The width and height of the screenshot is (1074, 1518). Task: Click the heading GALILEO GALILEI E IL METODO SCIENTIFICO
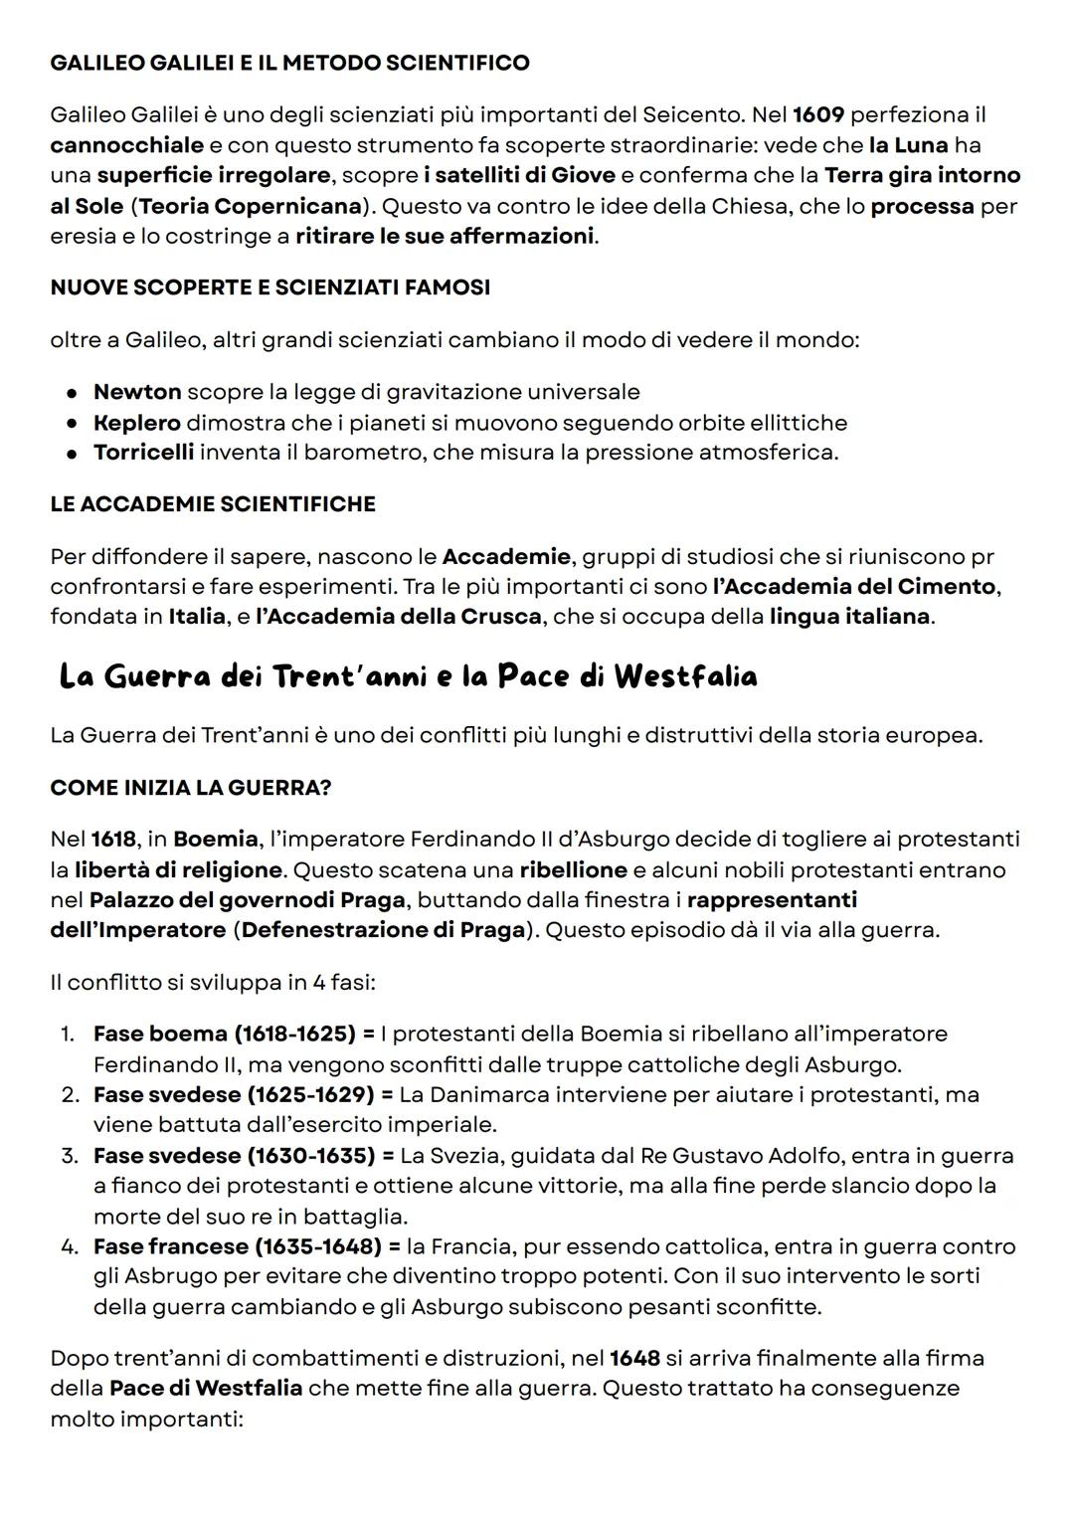tap(289, 63)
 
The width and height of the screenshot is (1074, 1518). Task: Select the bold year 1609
tap(817, 114)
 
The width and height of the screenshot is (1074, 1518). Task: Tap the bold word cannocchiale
tap(126, 145)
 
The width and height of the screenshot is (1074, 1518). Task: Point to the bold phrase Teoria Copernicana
tap(249, 206)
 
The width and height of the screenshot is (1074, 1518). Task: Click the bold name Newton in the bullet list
tap(137, 392)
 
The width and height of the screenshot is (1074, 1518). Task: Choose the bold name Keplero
tap(137, 423)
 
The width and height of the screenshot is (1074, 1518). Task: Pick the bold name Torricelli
tap(143, 453)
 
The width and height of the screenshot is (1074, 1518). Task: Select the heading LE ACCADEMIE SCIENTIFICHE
tap(213, 504)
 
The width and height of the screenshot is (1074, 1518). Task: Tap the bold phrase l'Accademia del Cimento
tap(853, 586)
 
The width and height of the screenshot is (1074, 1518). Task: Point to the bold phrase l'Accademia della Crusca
tap(399, 616)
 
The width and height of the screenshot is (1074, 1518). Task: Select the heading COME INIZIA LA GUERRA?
tap(191, 788)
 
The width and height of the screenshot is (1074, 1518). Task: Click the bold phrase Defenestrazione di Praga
tap(383, 930)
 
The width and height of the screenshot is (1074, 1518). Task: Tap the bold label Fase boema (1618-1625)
tap(225, 1034)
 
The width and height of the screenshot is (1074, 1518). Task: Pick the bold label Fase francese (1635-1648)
tap(237, 1246)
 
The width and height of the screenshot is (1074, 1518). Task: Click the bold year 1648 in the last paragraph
tap(634, 1358)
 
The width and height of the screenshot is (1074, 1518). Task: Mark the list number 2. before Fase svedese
tap(69, 1095)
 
